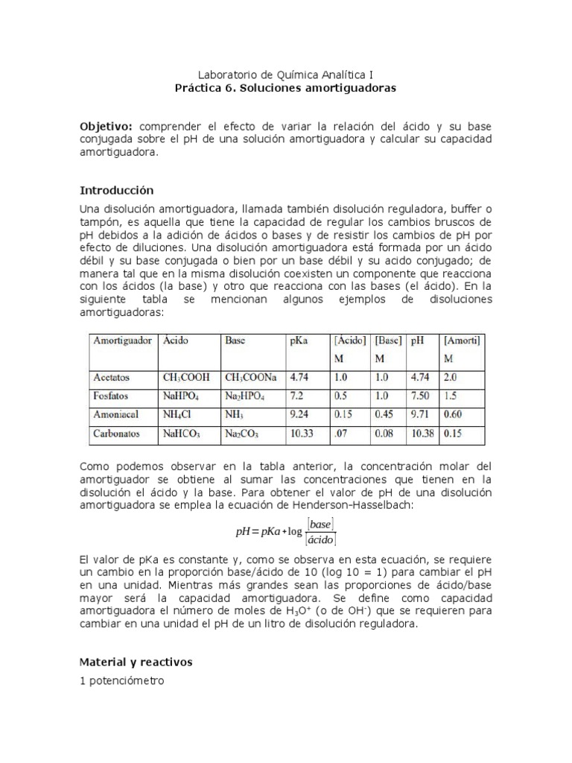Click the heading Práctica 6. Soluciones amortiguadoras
(285, 88)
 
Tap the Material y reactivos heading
(136, 661)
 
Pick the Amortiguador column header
(122, 341)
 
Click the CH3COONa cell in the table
(251, 377)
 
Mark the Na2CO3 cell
(243, 432)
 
